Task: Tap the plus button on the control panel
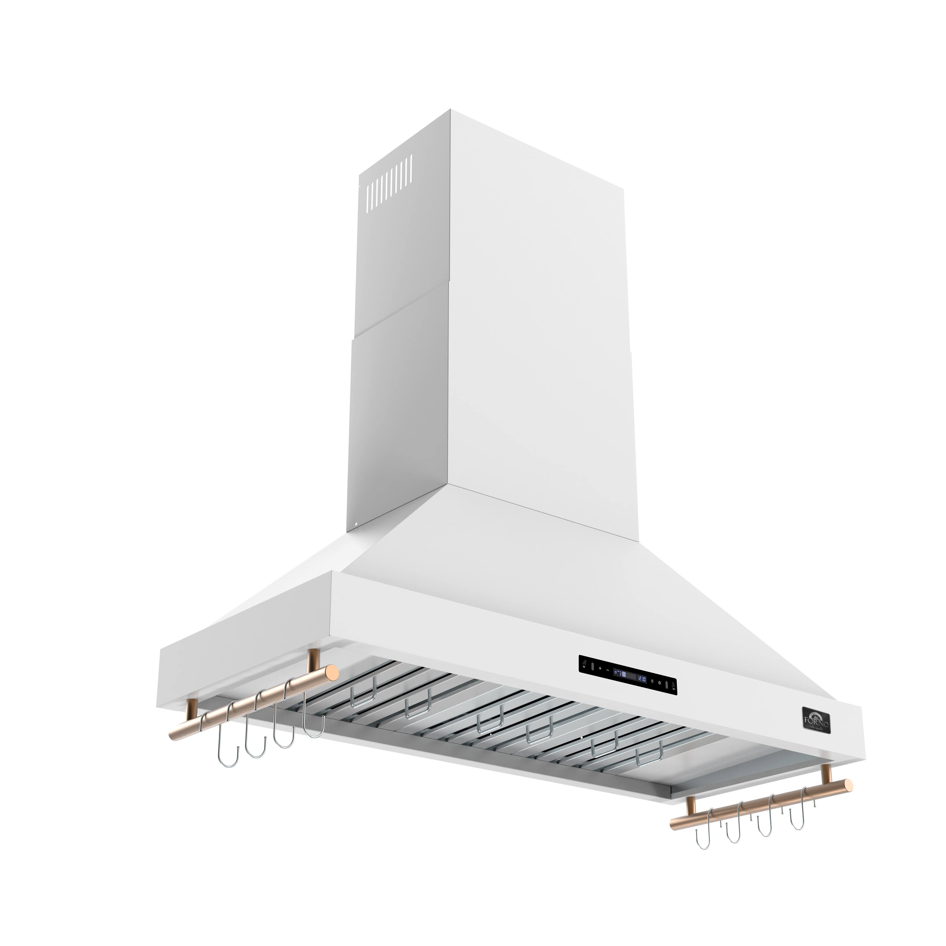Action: (600, 668)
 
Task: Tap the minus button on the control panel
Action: (608, 670)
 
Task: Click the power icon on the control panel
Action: (659, 683)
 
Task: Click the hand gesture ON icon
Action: (584, 664)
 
